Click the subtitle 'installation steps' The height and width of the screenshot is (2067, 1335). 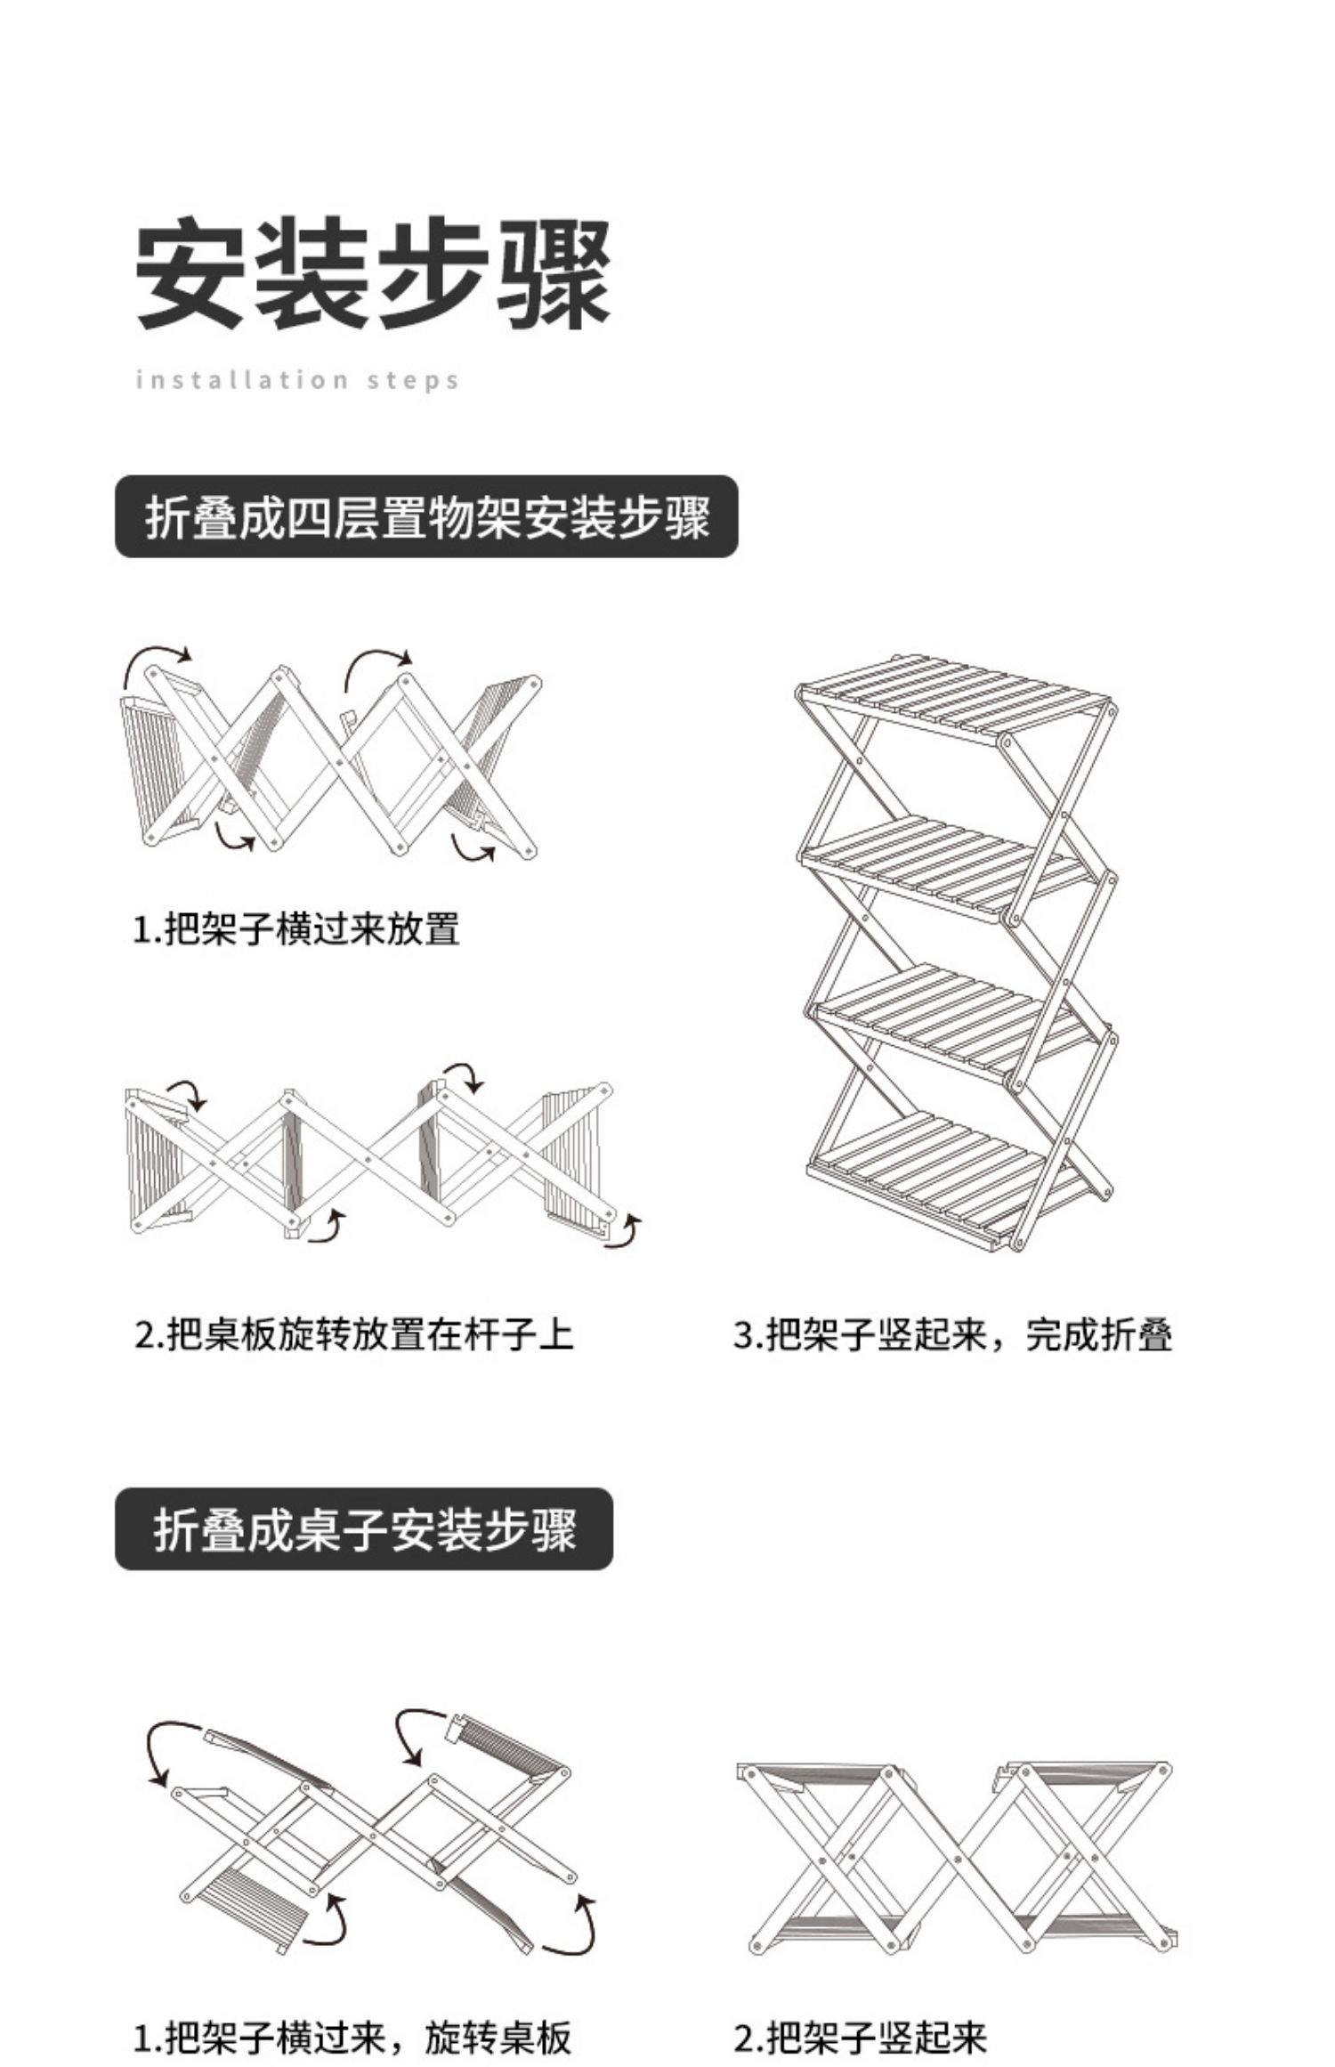coord(297,381)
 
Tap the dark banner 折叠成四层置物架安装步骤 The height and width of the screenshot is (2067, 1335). coord(426,517)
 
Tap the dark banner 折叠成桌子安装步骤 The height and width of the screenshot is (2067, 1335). coord(364,1530)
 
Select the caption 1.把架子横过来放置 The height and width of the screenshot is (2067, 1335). coord(296,929)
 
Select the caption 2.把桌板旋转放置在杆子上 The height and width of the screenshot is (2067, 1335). coord(354,1335)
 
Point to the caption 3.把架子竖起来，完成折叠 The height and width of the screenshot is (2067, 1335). coord(952,1335)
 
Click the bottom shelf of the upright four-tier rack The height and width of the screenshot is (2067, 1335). coord(949,1177)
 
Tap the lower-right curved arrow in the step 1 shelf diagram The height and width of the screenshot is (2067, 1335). coord(472,849)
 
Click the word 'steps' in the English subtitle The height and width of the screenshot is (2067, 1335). coord(414,381)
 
